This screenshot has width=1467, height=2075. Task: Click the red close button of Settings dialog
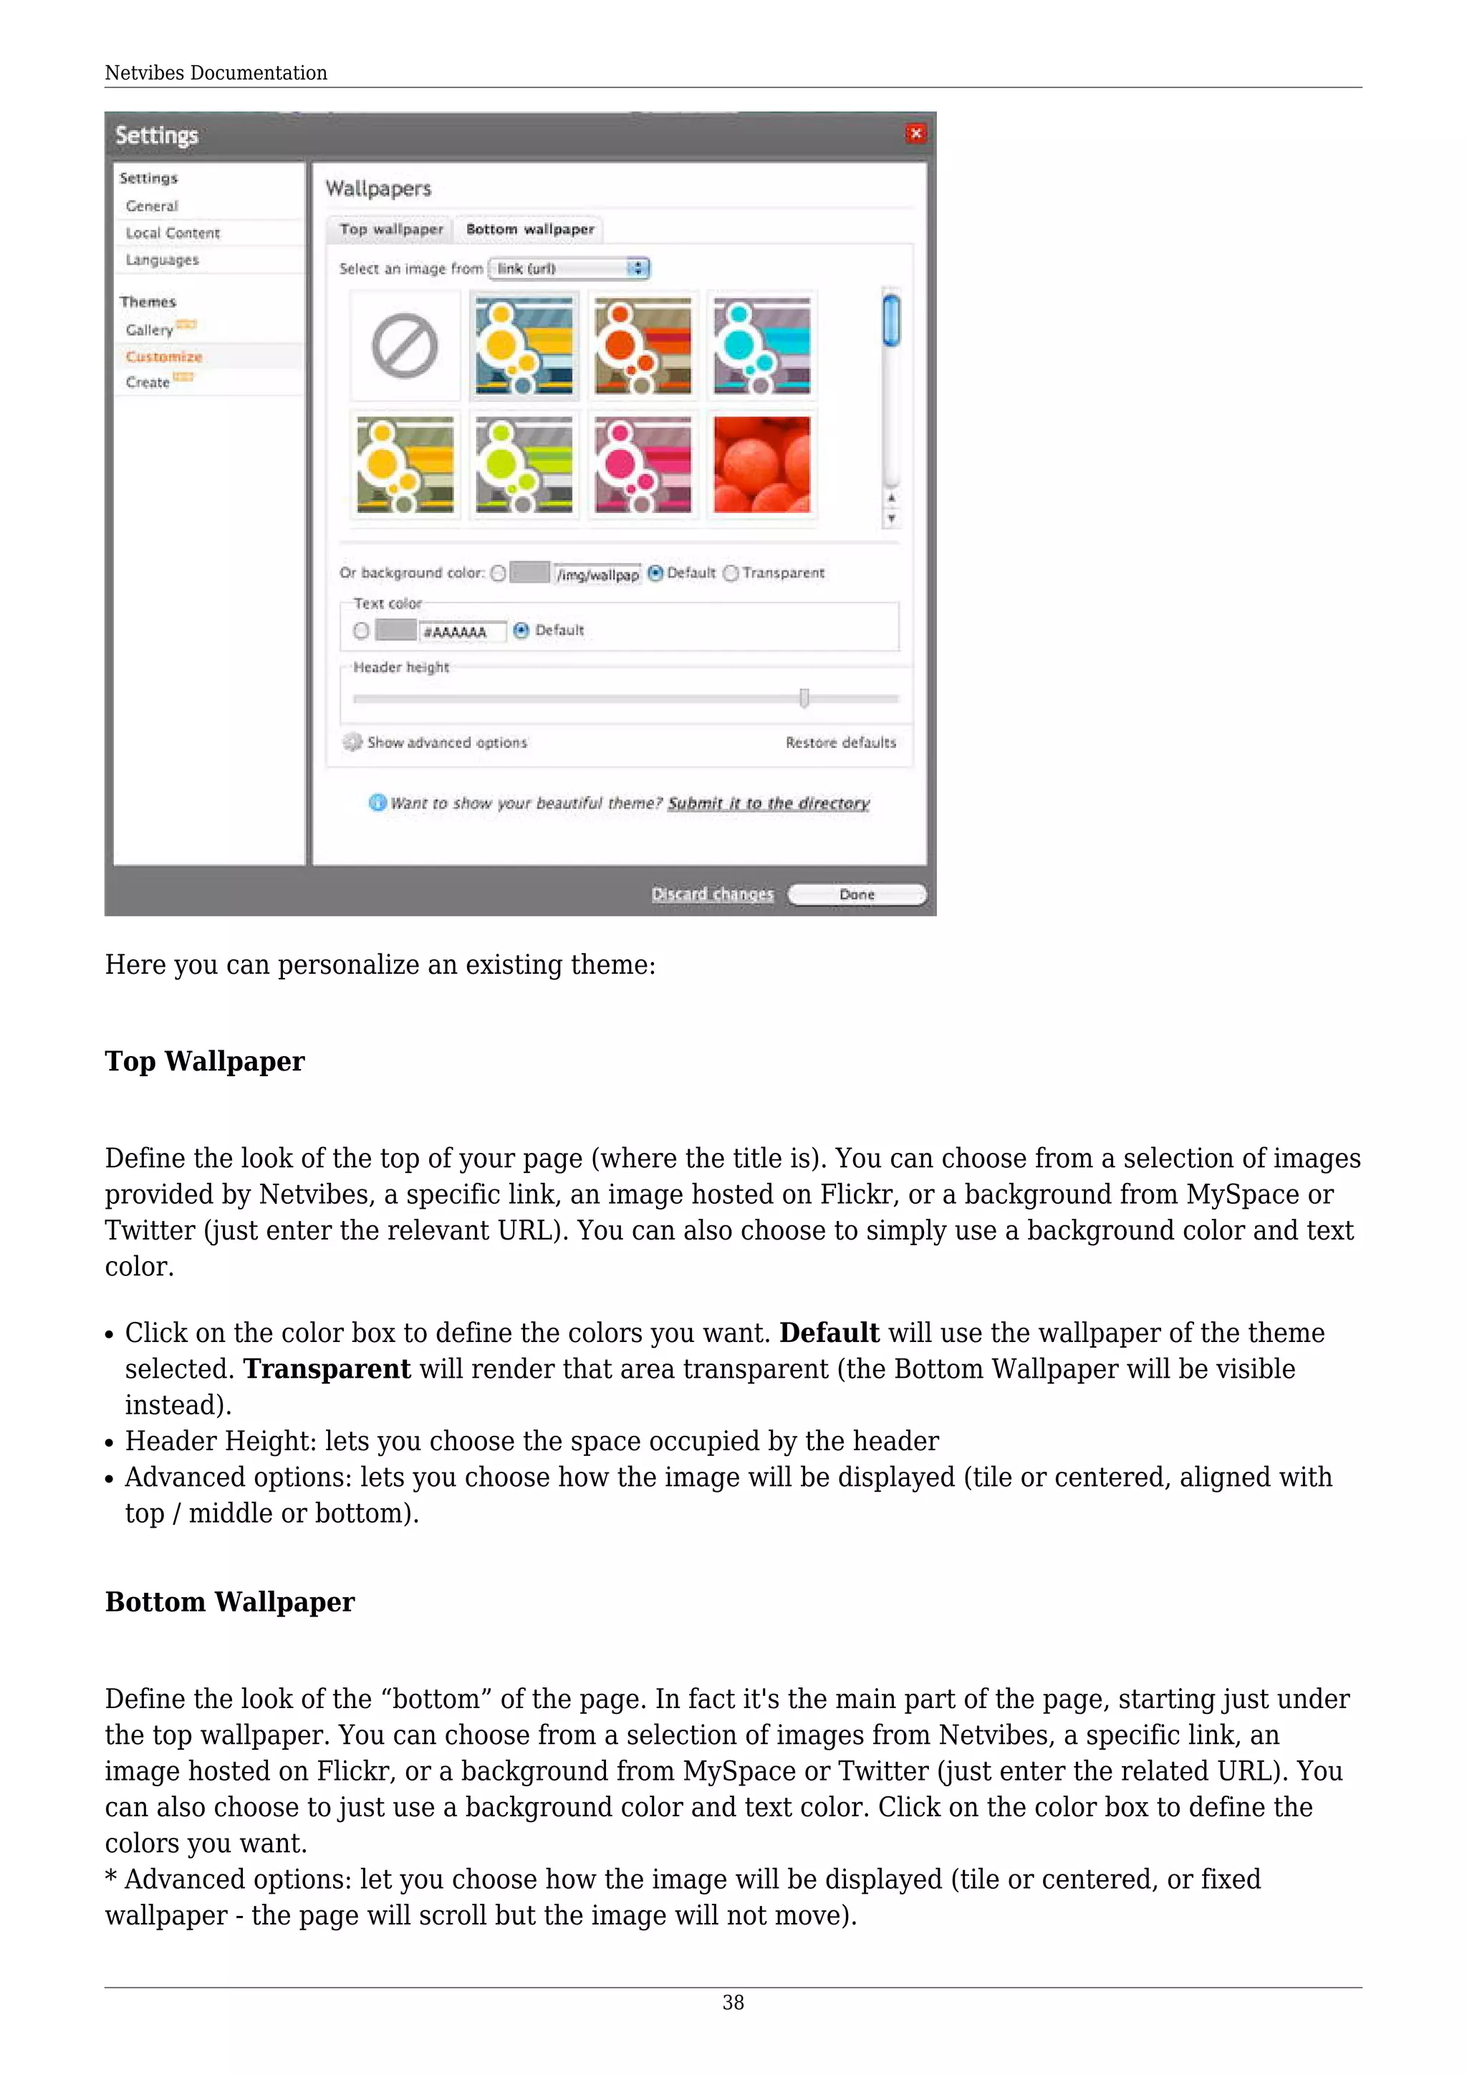(x=915, y=134)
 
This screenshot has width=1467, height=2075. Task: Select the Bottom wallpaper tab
(x=529, y=229)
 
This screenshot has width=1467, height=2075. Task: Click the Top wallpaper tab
(x=391, y=229)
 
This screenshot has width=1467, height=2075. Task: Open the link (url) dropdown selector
(x=569, y=269)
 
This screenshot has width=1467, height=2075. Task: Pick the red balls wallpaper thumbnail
(x=761, y=464)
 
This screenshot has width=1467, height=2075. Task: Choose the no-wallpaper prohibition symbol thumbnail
(x=405, y=346)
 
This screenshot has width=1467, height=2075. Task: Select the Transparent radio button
(x=731, y=573)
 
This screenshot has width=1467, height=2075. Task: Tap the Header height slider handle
(x=804, y=698)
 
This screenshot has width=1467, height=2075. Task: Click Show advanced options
(x=446, y=742)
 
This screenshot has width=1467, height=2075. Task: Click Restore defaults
(x=840, y=742)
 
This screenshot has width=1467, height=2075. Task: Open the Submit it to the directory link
(x=768, y=803)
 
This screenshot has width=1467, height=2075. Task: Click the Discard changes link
(x=712, y=893)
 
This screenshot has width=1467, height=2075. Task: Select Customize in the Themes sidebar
(x=163, y=356)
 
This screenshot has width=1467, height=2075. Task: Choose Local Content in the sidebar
(x=173, y=233)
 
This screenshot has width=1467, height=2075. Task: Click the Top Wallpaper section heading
(x=205, y=1061)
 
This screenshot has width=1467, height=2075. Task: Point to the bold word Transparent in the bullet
(x=327, y=1369)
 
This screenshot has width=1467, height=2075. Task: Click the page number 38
(x=733, y=2003)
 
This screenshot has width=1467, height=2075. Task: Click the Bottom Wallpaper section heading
(x=229, y=1601)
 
